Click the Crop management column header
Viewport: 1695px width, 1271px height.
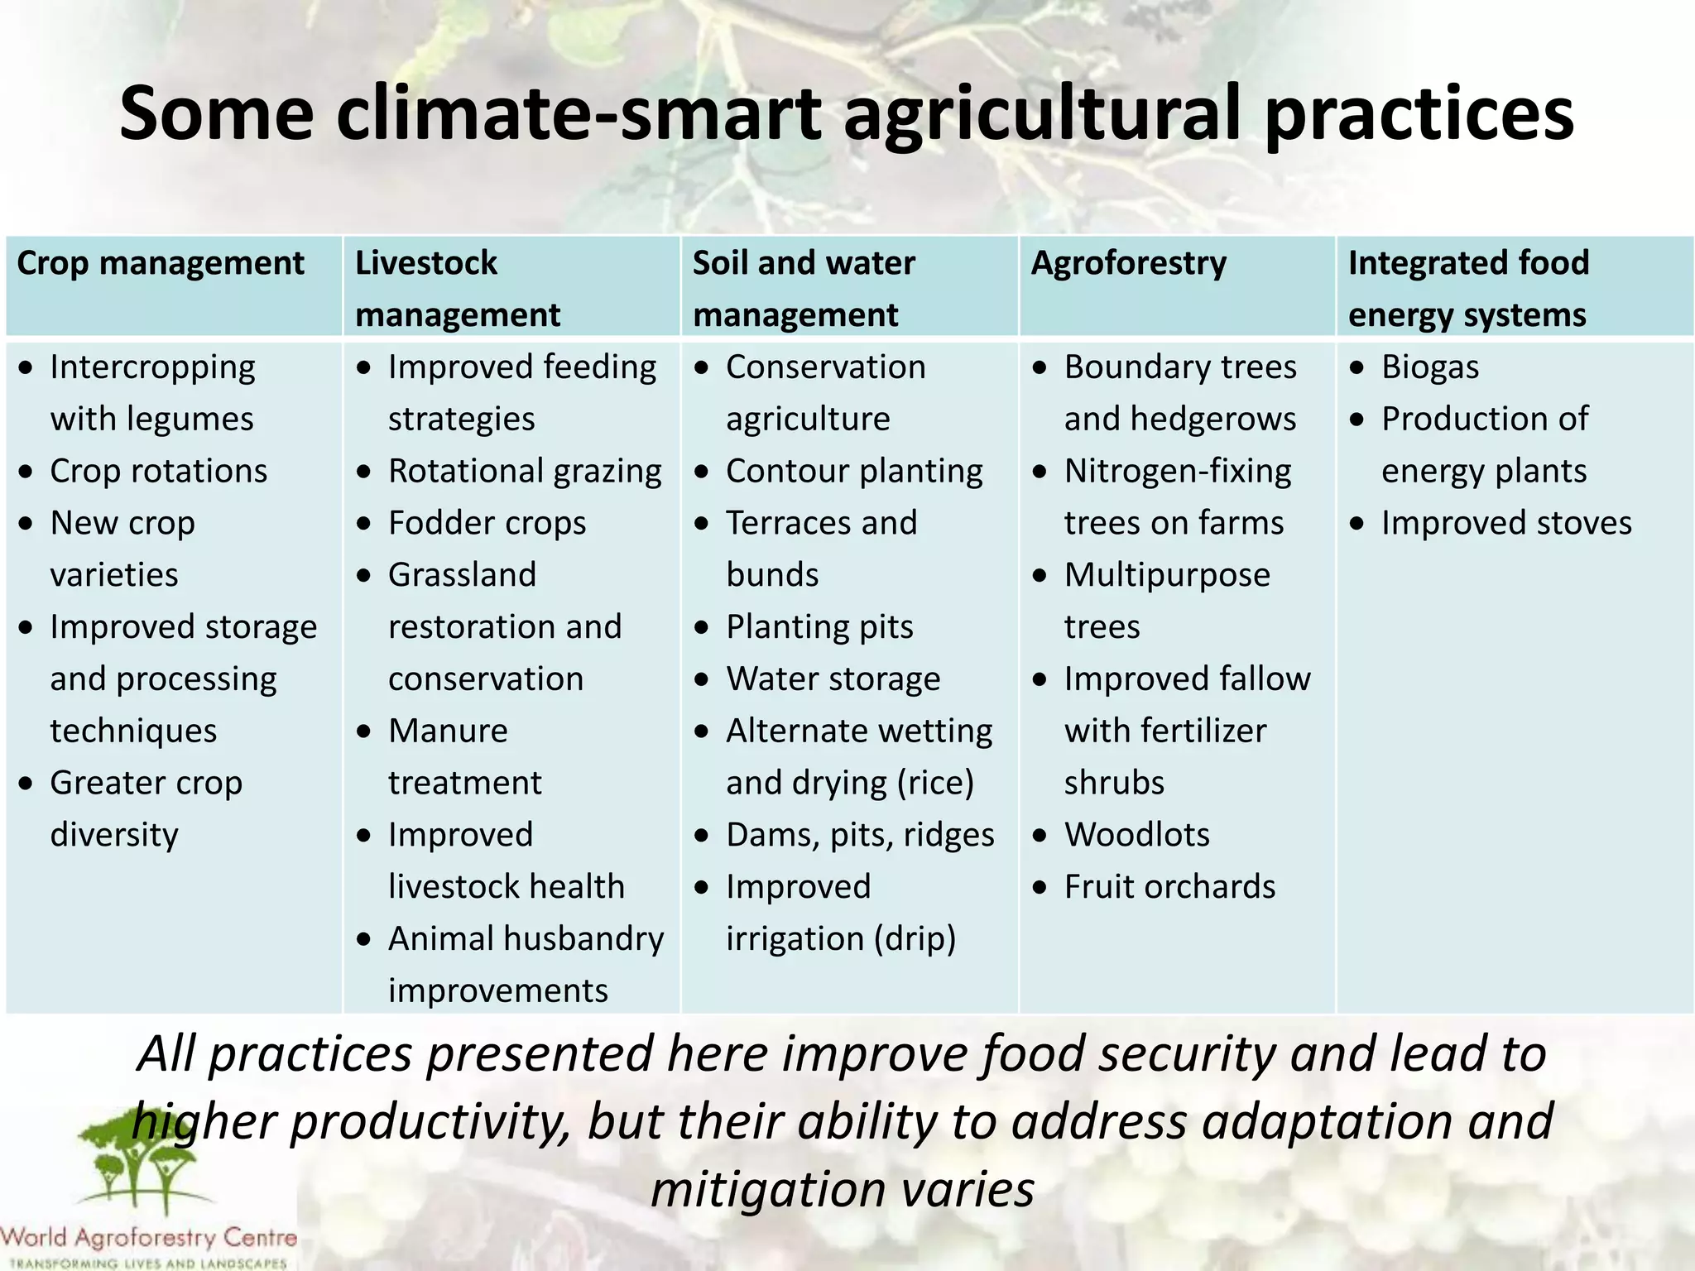pyautogui.click(x=161, y=264)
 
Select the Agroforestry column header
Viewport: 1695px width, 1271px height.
pyautogui.click(x=1128, y=264)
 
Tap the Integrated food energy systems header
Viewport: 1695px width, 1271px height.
pyautogui.click(x=1468, y=289)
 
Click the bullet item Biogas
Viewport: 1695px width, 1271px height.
pyautogui.click(x=1429, y=367)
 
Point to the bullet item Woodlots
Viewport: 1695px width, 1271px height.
pyautogui.click(x=1136, y=835)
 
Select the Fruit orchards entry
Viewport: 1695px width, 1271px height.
pyautogui.click(x=1169, y=887)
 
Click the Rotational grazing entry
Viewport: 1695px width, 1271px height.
pyautogui.click(x=525, y=472)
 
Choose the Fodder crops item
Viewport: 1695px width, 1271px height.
pyautogui.click(x=487, y=524)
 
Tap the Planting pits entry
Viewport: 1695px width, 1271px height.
pyautogui.click(x=819, y=627)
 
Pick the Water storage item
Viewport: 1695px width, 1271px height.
pyautogui.click(x=833, y=679)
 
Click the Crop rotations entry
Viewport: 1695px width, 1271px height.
pyautogui.click(x=158, y=472)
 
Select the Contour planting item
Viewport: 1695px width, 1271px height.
pyautogui.click(x=853, y=472)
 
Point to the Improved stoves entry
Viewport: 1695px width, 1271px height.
pyautogui.click(x=1505, y=524)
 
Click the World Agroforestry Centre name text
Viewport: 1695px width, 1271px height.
pyautogui.click(x=149, y=1238)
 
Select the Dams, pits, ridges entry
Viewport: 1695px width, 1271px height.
pyautogui.click(x=859, y=835)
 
